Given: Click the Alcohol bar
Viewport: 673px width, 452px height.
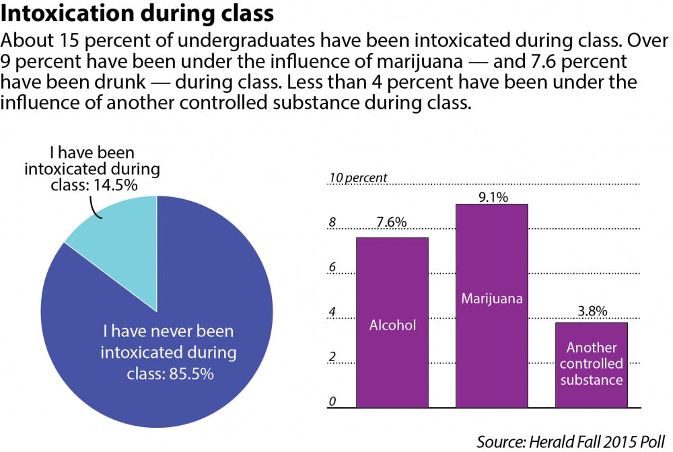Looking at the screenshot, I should [392, 323].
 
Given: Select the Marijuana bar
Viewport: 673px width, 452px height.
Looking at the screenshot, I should [491, 306].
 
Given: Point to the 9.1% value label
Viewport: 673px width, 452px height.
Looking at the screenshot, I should [491, 195].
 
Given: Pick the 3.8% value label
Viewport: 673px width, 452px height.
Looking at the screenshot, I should [591, 311].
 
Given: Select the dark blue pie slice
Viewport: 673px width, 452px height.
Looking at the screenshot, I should [168, 350].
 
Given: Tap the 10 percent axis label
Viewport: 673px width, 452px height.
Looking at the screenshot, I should [357, 178].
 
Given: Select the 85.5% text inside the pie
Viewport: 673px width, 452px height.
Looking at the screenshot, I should [169, 353].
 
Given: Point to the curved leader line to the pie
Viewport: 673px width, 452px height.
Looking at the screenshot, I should [96, 209].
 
